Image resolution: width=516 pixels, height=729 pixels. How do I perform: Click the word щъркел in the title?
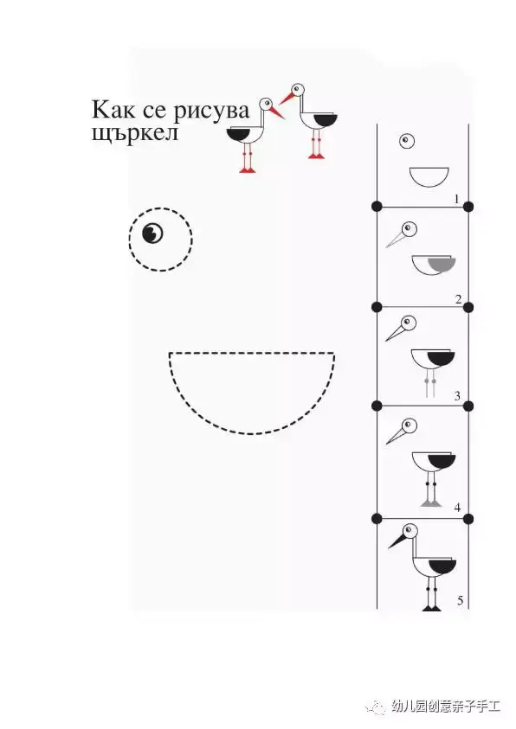tap(135, 133)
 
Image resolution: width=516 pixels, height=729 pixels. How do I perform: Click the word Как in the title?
tap(113, 110)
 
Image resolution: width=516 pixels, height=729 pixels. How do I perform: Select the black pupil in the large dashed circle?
tap(152, 233)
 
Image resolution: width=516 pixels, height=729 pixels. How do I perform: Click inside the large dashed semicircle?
tap(251, 386)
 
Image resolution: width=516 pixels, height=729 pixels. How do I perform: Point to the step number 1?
tap(456, 199)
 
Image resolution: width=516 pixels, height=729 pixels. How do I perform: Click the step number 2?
tap(458, 299)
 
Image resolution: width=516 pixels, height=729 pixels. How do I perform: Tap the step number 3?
tap(457, 396)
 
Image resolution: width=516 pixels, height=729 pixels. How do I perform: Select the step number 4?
tap(457, 508)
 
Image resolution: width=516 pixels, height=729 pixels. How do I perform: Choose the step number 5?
tap(461, 601)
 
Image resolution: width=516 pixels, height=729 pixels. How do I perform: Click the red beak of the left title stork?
tap(276, 112)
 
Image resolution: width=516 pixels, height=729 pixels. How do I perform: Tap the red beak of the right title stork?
tap(287, 99)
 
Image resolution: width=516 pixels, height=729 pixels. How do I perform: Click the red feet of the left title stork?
tap(248, 170)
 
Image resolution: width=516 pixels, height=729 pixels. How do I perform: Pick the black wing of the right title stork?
tap(326, 120)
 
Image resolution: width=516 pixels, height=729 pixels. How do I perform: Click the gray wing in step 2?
tap(441, 264)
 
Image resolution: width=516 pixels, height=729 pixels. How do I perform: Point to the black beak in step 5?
tap(397, 540)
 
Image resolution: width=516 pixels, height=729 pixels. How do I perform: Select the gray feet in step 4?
tap(430, 502)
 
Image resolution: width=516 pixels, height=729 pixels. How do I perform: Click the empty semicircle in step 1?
tap(429, 176)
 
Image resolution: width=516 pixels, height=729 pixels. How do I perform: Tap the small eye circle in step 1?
tap(407, 141)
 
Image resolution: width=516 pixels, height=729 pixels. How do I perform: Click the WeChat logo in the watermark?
tap(376, 707)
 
